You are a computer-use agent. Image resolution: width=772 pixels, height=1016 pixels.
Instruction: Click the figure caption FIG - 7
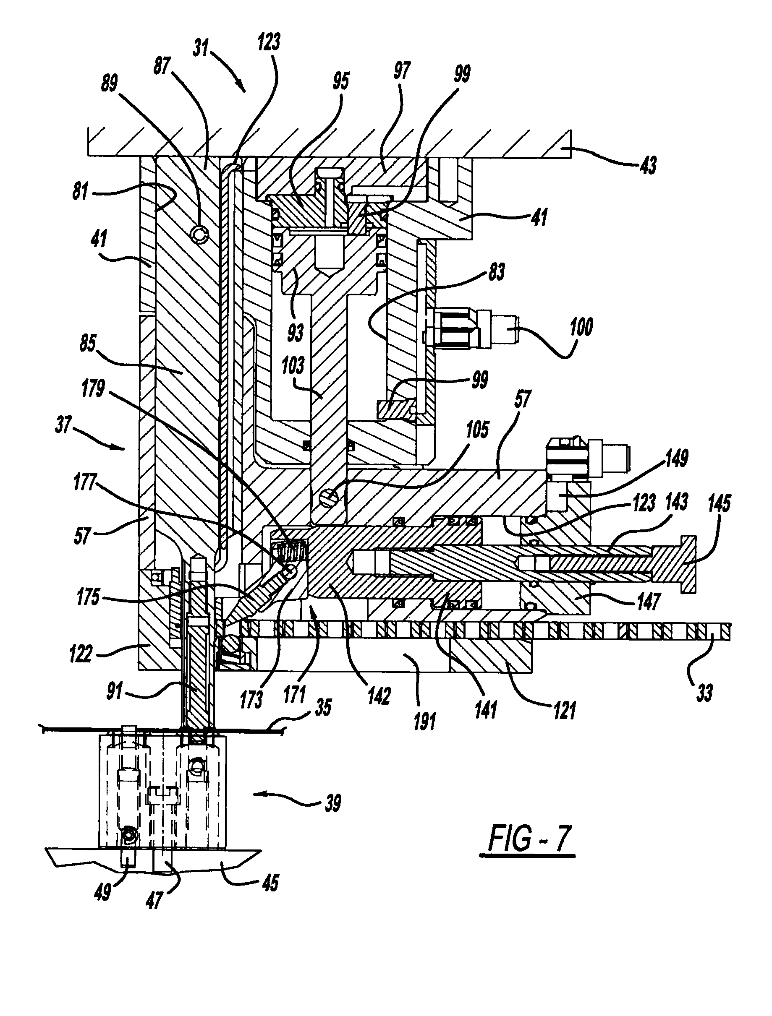530,838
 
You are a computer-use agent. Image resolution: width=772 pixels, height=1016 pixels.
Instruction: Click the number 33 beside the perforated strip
704,692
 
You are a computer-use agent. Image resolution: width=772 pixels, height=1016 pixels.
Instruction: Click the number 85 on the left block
88,343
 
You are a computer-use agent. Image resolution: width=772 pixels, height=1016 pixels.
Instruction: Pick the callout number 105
477,430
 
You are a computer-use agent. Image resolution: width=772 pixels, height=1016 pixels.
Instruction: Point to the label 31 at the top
200,48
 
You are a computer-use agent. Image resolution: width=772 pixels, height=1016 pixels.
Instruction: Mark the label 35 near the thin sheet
323,708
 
